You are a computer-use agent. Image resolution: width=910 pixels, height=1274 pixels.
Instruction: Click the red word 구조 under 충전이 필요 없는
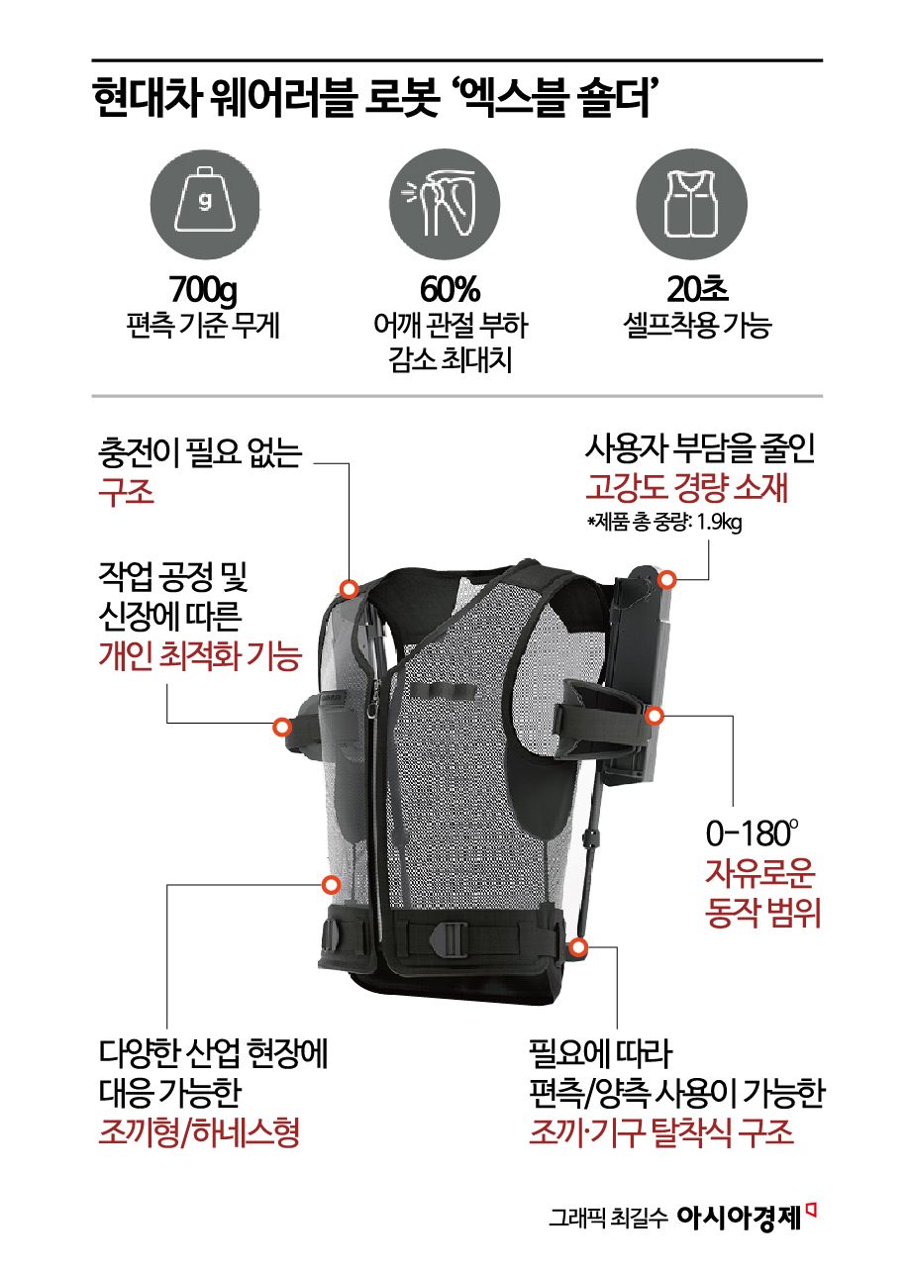point(126,491)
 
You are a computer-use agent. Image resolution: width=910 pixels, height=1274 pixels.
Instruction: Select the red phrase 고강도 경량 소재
point(686,488)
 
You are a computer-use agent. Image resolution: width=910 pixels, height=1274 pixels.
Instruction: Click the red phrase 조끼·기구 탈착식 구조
point(661,1131)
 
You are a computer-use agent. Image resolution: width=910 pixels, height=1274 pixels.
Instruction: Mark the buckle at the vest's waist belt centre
point(450,936)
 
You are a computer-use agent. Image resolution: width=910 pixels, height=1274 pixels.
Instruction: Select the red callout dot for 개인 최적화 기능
point(281,728)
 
